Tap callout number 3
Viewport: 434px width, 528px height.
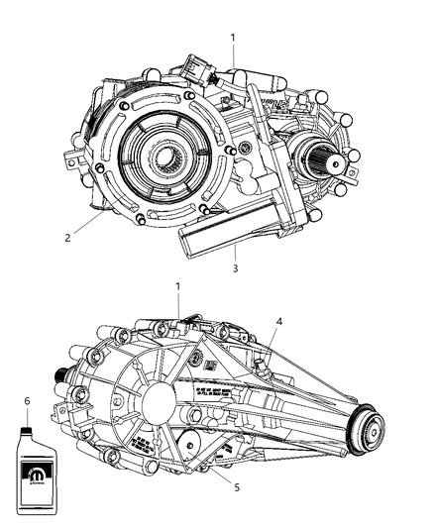click(235, 267)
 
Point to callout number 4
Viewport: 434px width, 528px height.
click(279, 321)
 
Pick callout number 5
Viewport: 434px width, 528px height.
click(235, 487)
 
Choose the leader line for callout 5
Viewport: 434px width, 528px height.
click(219, 470)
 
